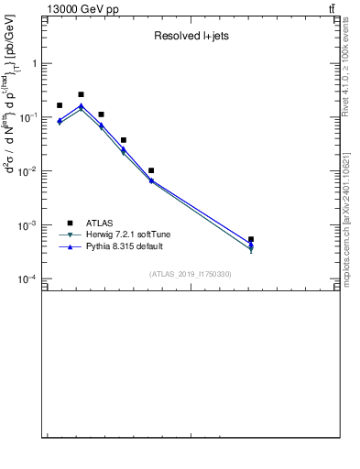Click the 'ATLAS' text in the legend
click(100, 223)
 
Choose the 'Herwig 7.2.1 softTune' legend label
click(128, 234)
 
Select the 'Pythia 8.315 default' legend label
click(125, 246)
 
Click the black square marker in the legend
click(70, 223)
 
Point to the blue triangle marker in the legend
click(70, 246)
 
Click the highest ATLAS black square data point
click(81, 94)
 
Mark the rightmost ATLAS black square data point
click(251, 239)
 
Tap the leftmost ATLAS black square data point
click(60, 105)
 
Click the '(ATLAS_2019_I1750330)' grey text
click(191, 274)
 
